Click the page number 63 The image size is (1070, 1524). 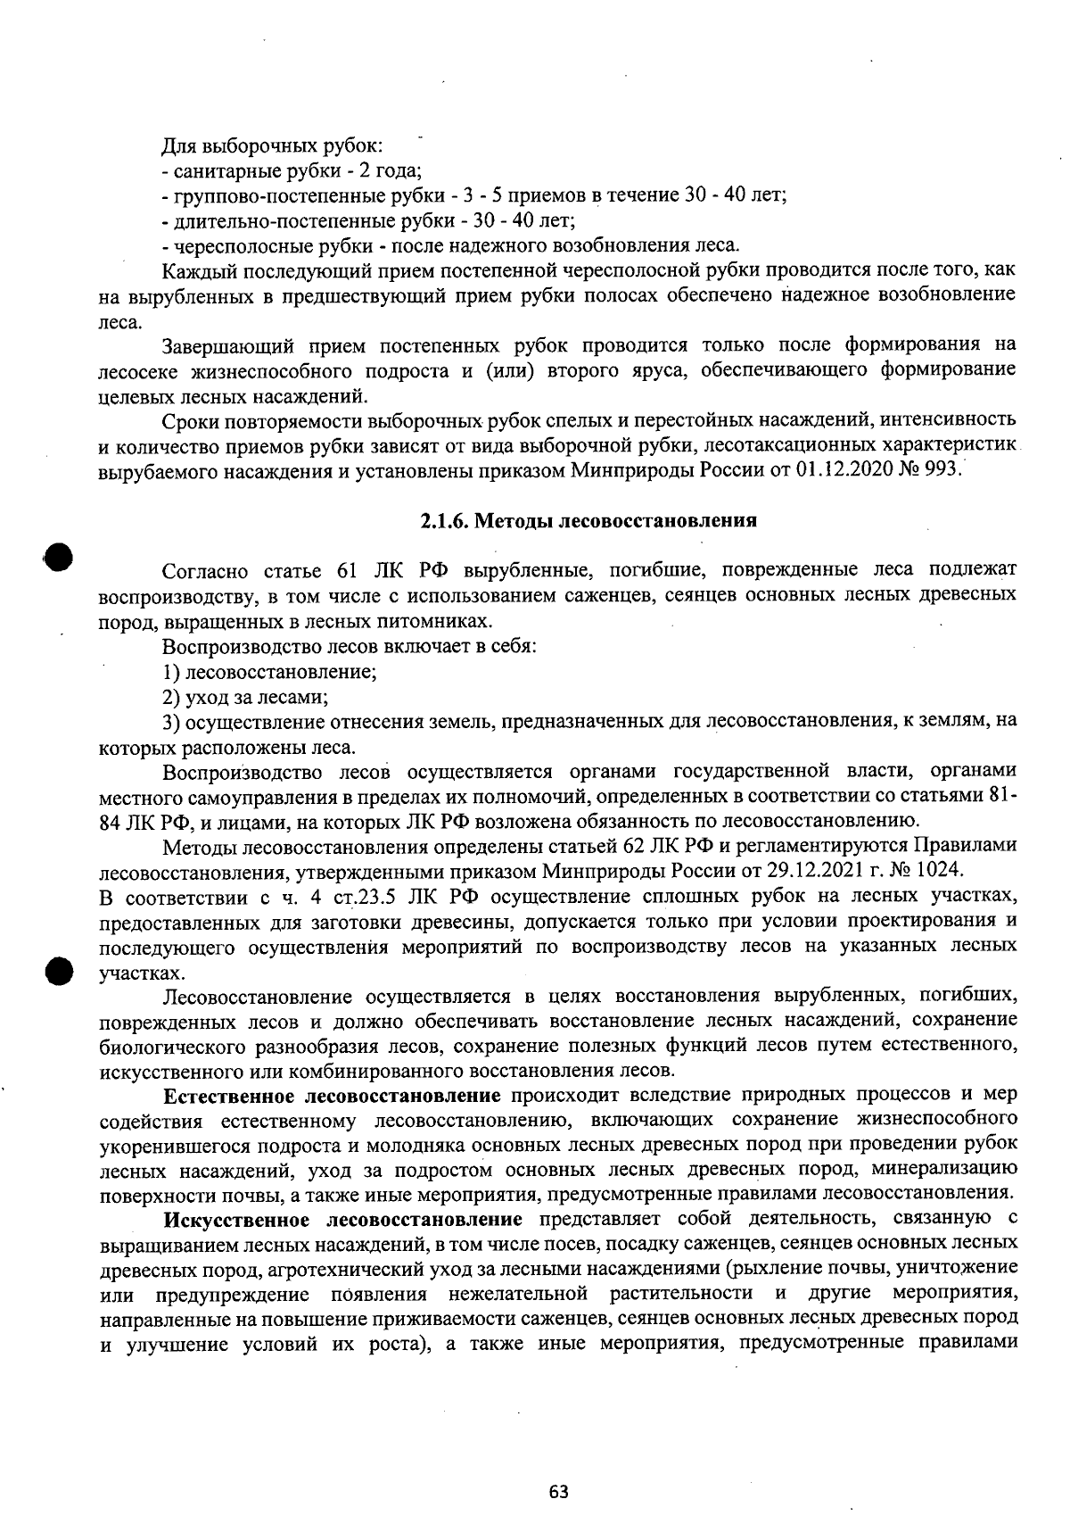coord(558,1491)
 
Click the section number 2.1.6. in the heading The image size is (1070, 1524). coord(443,521)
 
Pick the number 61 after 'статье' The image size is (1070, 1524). coord(347,570)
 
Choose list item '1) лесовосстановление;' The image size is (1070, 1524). coord(269,671)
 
